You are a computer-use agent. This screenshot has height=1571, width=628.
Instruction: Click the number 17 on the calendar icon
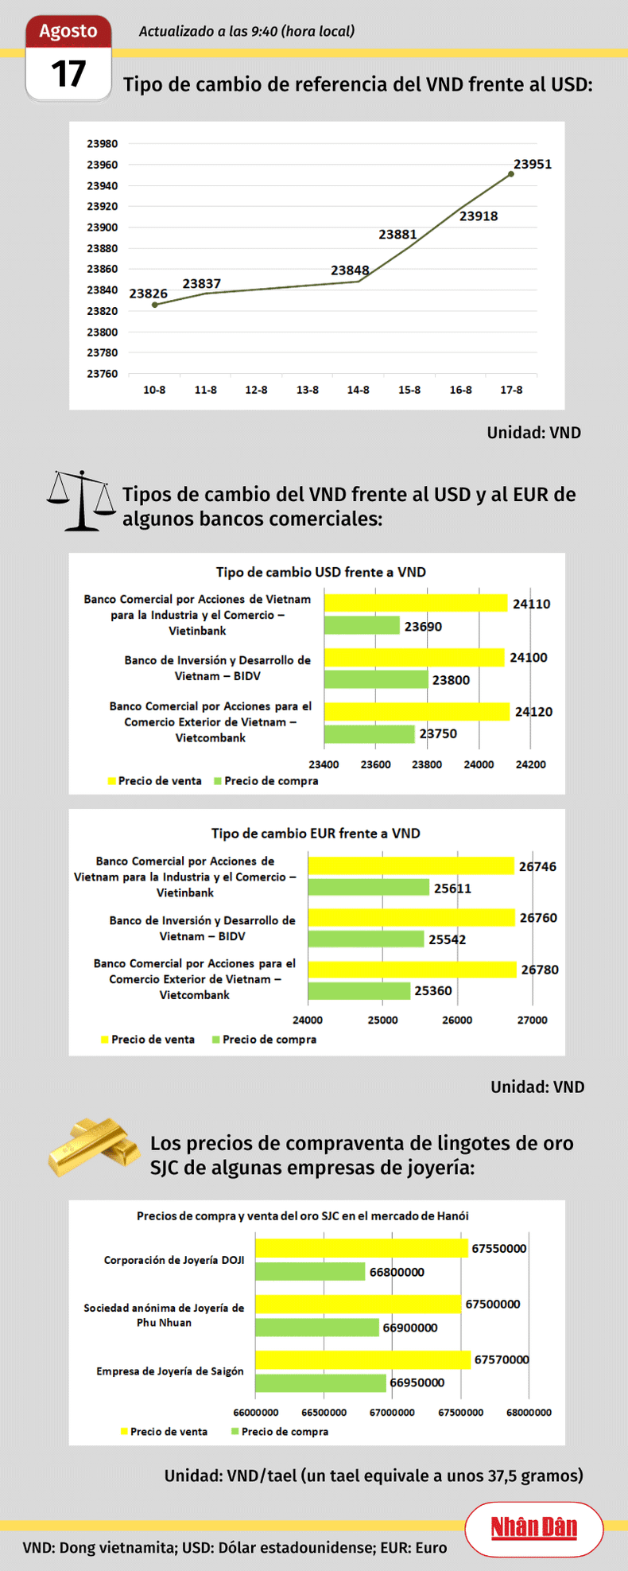pyautogui.click(x=68, y=74)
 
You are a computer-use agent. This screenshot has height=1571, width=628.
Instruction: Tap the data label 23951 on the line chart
pyautogui.click(x=532, y=164)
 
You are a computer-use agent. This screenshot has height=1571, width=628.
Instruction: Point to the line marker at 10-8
pyautogui.click(x=154, y=305)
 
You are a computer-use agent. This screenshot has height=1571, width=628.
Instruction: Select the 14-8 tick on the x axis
pyautogui.click(x=358, y=390)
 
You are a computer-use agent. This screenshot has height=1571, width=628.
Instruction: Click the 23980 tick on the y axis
pyautogui.click(x=102, y=144)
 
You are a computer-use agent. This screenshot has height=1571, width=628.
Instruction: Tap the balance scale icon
pyautogui.click(x=80, y=500)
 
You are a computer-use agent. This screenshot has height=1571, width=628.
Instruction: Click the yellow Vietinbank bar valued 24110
pyautogui.click(x=415, y=603)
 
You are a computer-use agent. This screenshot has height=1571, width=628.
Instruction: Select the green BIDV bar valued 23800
pyautogui.click(x=376, y=679)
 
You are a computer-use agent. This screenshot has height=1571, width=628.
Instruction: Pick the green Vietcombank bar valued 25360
pyautogui.click(x=359, y=990)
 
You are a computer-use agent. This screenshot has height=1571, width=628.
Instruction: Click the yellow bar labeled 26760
pyautogui.click(x=411, y=918)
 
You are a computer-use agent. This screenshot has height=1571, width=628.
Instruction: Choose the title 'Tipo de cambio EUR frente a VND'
pyautogui.click(x=316, y=833)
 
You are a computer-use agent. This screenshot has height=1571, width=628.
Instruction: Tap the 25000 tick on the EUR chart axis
pyautogui.click(x=382, y=1020)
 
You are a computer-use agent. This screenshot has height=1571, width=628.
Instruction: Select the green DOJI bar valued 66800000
pyautogui.click(x=310, y=1272)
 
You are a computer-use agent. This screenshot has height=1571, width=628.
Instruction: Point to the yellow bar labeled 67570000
pyautogui.click(x=362, y=1359)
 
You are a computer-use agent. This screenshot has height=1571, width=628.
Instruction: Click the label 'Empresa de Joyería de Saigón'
pyautogui.click(x=170, y=1371)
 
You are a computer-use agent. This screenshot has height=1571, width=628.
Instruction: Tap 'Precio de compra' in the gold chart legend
pyautogui.click(x=285, y=1431)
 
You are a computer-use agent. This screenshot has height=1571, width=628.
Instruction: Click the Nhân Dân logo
pyautogui.click(x=533, y=1527)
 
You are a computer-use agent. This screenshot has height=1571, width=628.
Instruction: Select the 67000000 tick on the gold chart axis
pyautogui.click(x=392, y=1412)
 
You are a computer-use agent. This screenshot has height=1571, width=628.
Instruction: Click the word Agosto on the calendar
pyautogui.click(x=68, y=31)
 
